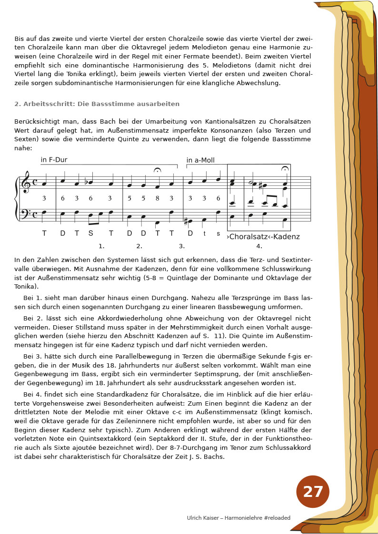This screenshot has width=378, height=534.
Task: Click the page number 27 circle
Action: (x=313, y=491)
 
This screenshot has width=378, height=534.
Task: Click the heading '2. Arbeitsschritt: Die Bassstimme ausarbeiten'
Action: (x=97, y=104)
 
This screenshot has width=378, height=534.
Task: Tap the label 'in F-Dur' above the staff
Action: (x=54, y=160)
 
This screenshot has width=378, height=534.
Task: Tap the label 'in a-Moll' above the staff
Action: (x=200, y=160)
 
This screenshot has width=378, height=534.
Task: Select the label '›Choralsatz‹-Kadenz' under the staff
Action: (x=263, y=236)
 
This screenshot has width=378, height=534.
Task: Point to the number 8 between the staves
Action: (x=157, y=198)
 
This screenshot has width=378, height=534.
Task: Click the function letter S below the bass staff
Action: (x=90, y=233)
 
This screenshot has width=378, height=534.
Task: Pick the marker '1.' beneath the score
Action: (x=101, y=246)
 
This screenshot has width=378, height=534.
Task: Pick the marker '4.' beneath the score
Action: (x=259, y=246)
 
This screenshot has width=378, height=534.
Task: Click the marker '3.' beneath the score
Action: (x=182, y=246)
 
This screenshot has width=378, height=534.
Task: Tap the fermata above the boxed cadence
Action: (x=285, y=169)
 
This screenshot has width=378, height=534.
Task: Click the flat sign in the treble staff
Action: (x=86, y=182)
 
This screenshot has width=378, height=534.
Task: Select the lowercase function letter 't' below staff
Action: (x=205, y=233)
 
